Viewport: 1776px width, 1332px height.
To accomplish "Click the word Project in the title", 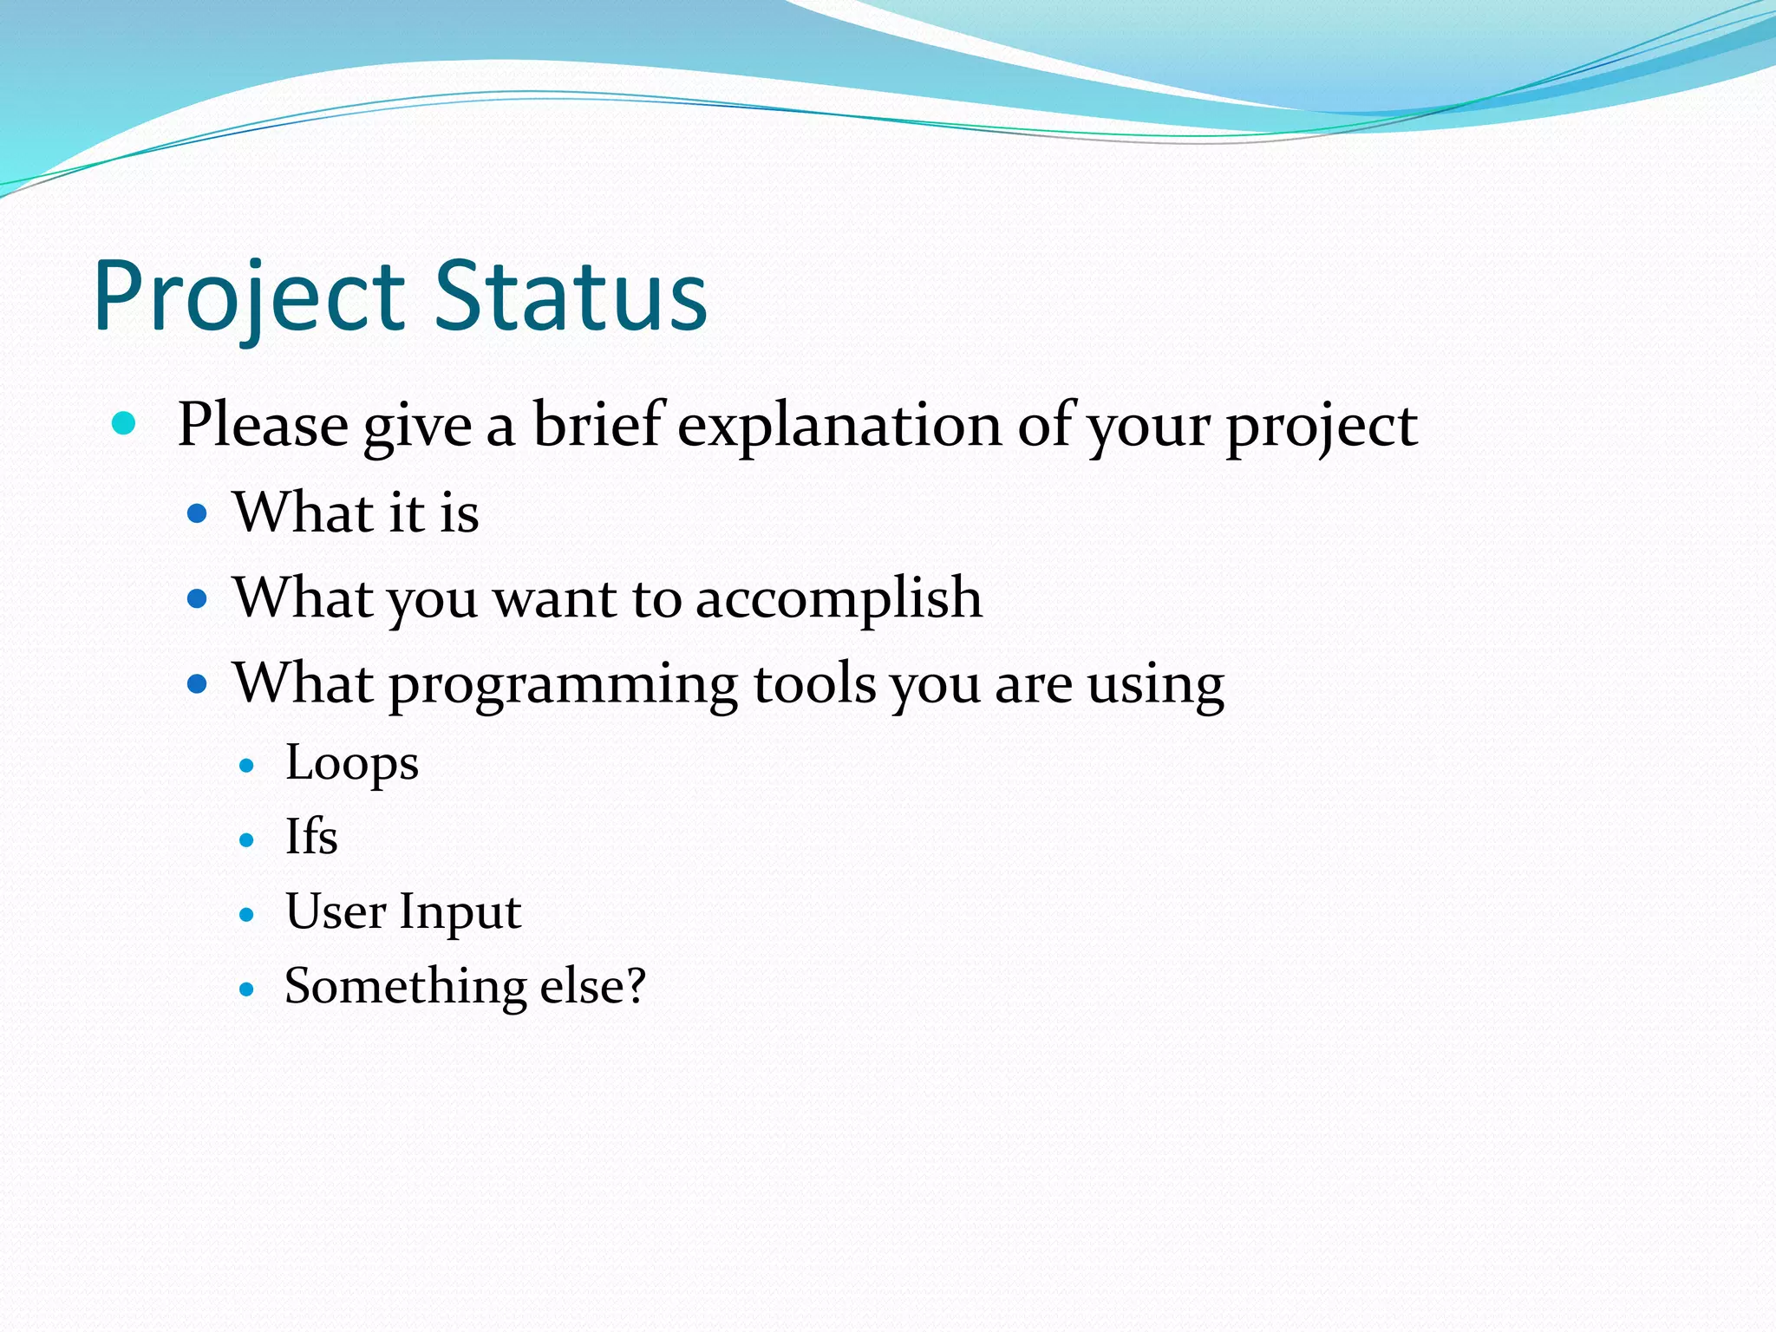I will pyautogui.click(x=249, y=297).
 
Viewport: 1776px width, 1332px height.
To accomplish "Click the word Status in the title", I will pyautogui.click(x=571, y=297).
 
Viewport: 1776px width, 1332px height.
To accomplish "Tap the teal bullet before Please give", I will pyautogui.click(x=125, y=423).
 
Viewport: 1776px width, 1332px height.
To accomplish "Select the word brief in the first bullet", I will pyautogui.click(x=598, y=425).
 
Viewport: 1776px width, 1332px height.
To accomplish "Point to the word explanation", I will pyautogui.click(x=839, y=427).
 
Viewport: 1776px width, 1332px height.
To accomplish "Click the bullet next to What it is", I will pyautogui.click(x=198, y=513).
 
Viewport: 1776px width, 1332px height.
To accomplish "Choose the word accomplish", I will pyautogui.click(x=839, y=598).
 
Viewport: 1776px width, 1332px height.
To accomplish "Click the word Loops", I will pyautogui.click(x=352, y=763).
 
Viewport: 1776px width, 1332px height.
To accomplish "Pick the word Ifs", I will pyautogui.click(x=311, y=837).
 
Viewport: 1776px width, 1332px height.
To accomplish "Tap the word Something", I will pyautogui.click(x=405, y=986).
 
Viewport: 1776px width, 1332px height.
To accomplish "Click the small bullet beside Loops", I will pyautogui.click(x=247, y=766).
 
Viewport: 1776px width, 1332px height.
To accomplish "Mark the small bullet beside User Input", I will pyautogui.click(x=247, y=915).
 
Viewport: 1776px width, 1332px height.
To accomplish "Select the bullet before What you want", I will pyautogui.click(x=198, y=598).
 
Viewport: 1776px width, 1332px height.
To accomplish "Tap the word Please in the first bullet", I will pyautogui.click(x=263, y=425).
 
